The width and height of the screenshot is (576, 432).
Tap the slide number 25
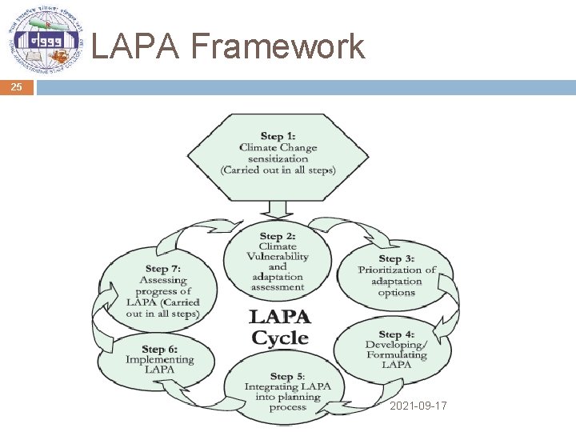(x=17, y=87)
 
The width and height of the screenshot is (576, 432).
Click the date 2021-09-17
(x=418, y=406)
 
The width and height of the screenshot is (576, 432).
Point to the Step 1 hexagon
(x=278, y=157)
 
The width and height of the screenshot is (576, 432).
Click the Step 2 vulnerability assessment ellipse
(x=278, y=262)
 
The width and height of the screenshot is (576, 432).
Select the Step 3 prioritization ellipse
(x=396, y=275)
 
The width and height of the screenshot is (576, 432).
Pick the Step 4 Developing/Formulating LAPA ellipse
(x=396, y=349)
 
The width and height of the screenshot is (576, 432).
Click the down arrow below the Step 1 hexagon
(x=278, y=210)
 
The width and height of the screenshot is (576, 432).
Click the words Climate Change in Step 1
(x=278, y=147)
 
